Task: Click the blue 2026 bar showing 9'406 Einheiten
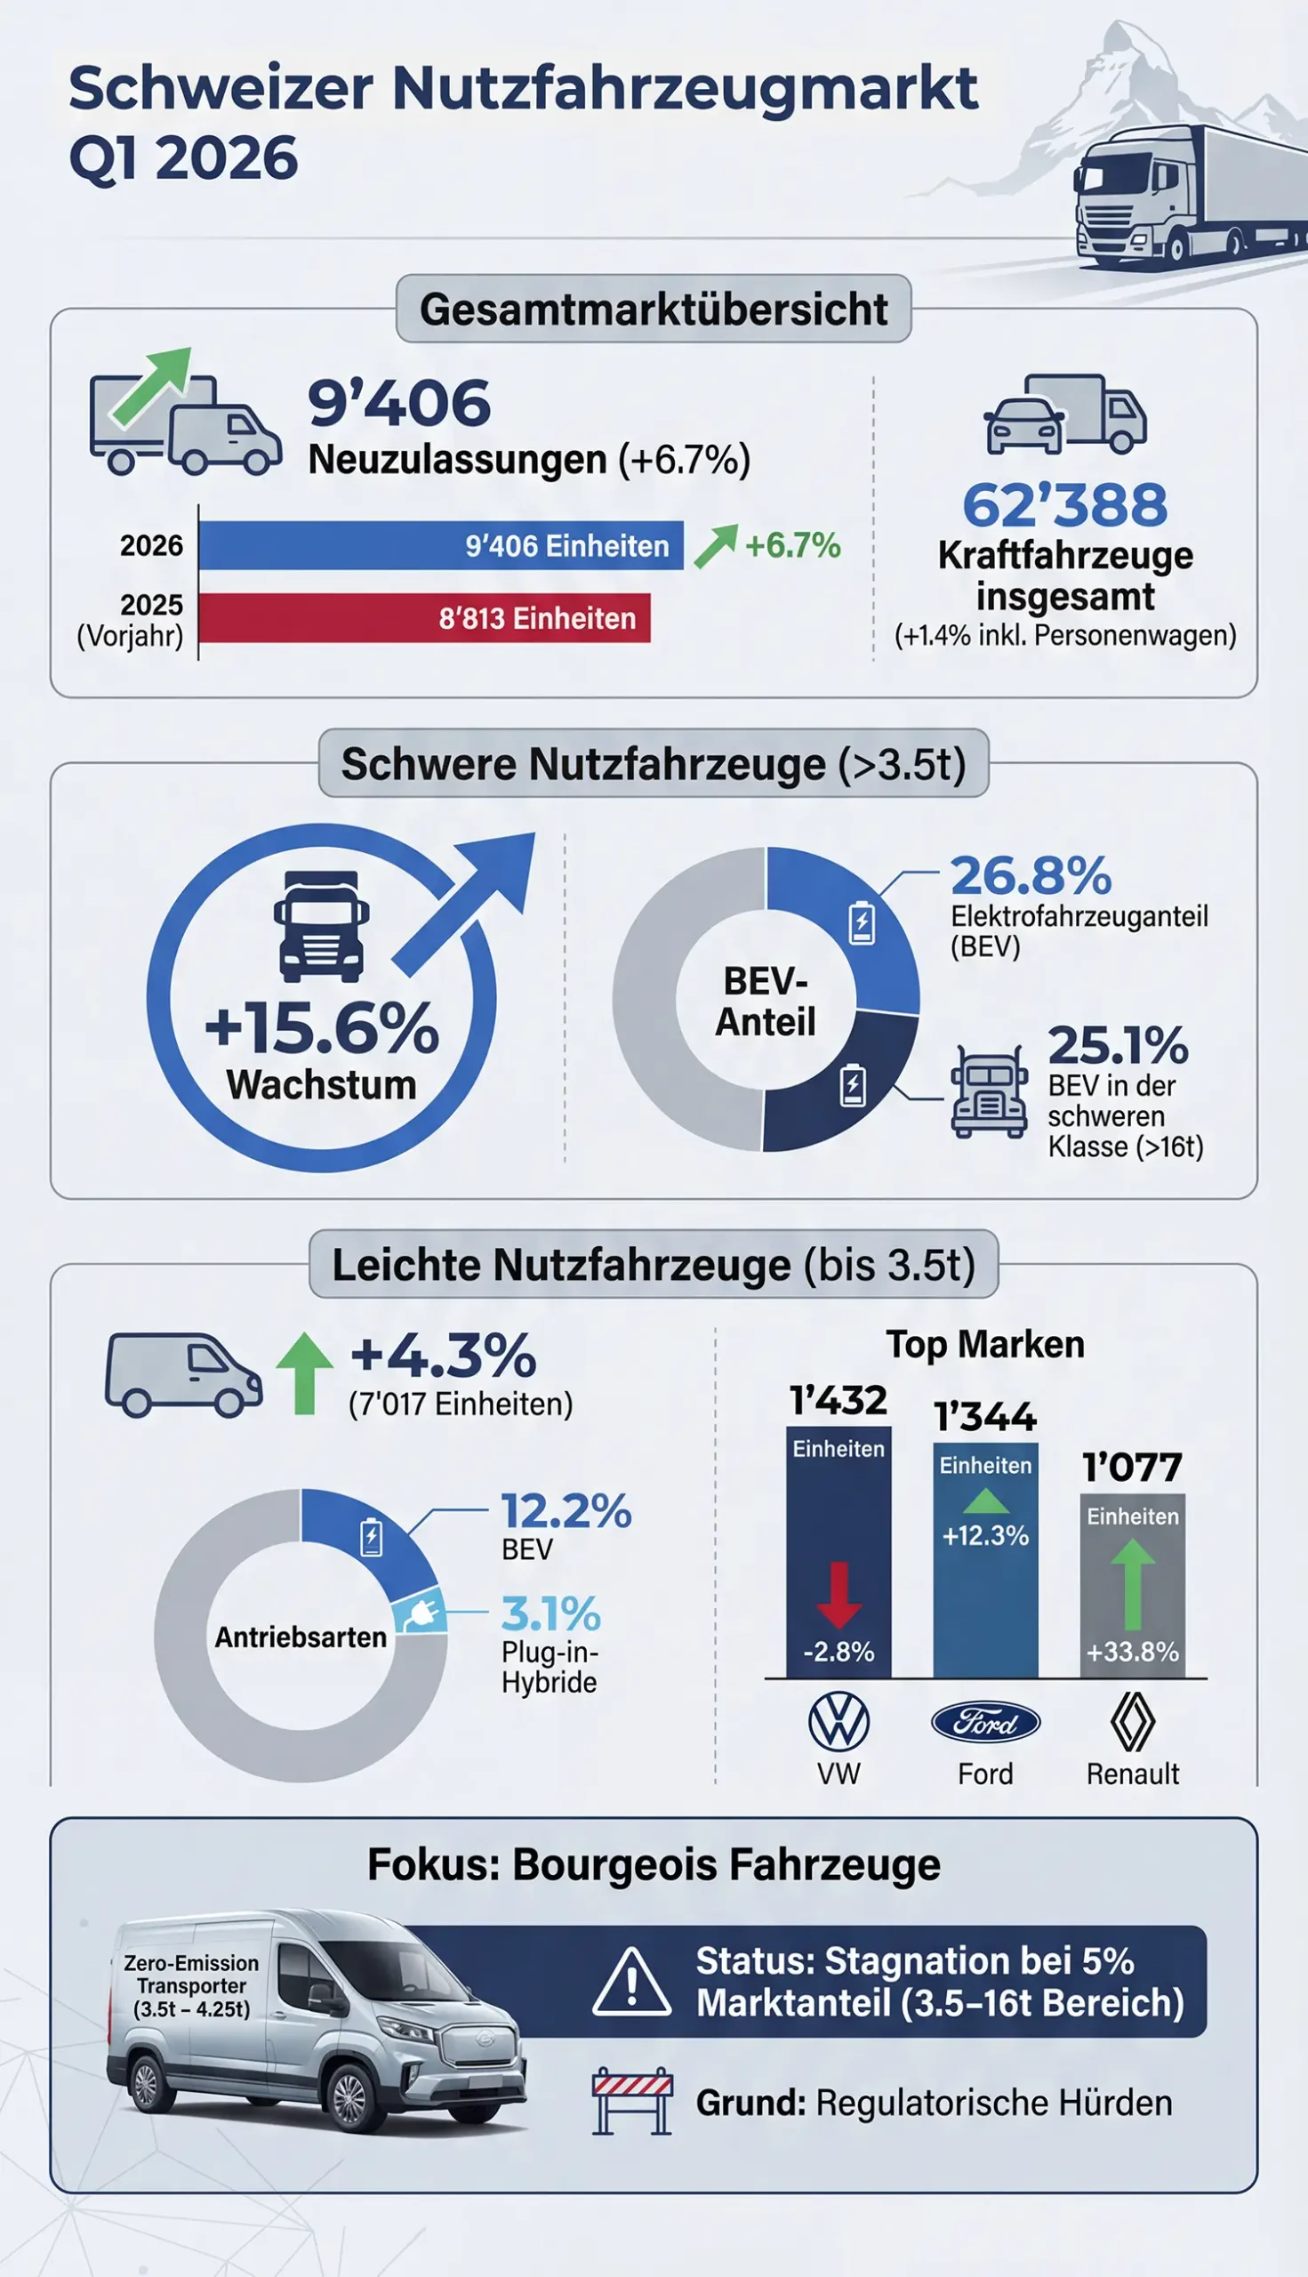440,545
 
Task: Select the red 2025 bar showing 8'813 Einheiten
424,618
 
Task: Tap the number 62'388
1064,505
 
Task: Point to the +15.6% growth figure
322,1030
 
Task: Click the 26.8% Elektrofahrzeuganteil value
1031,876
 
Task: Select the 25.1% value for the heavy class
1118,1046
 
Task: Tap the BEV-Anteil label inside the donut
766,1002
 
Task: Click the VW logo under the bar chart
839,1722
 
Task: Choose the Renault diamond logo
1132,1722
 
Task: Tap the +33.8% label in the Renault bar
1132,1652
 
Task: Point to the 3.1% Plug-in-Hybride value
550,1613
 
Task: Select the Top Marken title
985,1345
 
